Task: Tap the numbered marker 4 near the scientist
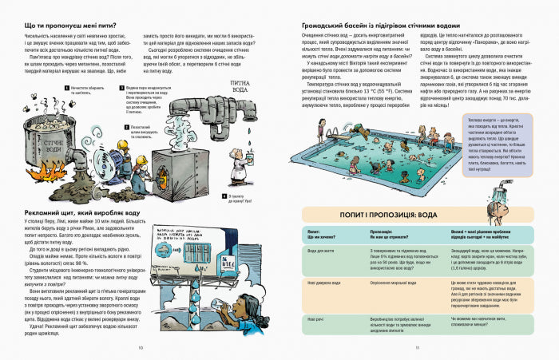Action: coord(226,194)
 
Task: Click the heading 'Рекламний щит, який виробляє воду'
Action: coord(84,215)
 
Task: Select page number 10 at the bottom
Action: coord(140,348)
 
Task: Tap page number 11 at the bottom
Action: coord(418,348)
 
